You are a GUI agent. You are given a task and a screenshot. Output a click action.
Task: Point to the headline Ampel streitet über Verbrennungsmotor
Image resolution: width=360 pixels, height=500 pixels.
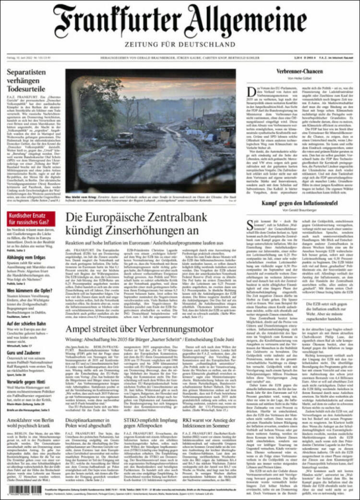140,329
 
